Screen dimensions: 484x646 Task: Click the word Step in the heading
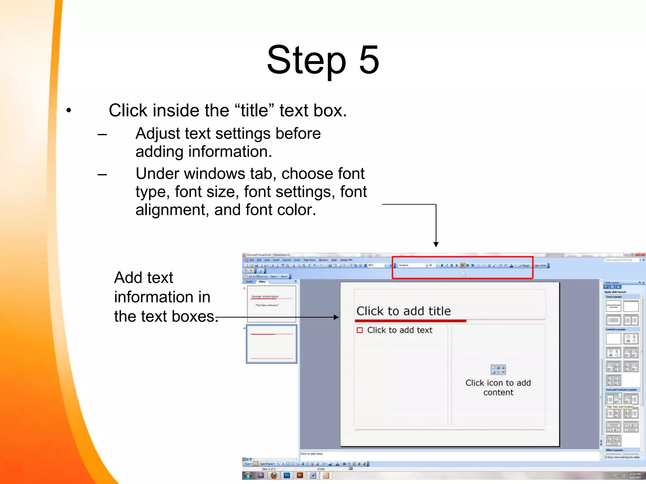coord(306,60)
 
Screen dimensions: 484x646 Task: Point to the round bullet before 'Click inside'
coord(69,111)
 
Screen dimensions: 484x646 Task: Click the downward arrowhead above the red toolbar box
coord(436,244)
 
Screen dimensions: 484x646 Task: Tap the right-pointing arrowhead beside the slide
coord(336,317)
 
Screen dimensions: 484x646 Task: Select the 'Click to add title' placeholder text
coord(403,311)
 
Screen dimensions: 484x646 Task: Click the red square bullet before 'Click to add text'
coord(360,330)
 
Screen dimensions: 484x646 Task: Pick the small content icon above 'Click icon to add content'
coord(498,370)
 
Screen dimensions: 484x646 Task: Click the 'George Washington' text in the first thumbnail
coord(265,297)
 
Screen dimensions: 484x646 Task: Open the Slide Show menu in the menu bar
coord(309,260)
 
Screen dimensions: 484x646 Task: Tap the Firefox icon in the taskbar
coord(274,475)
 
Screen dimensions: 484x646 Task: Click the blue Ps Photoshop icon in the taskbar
coord(287,475)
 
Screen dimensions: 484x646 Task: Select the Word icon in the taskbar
coord(313,475)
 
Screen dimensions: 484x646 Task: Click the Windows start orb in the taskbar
coord(248,475)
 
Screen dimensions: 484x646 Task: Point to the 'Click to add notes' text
coord(311,454)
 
